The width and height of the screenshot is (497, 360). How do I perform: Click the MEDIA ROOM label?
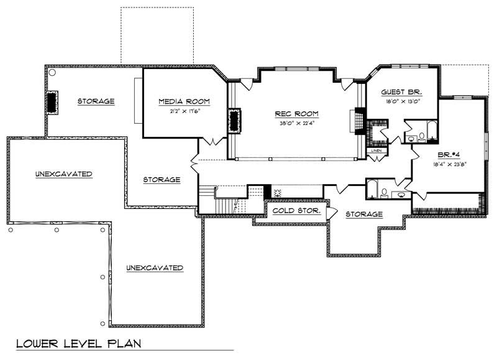pyautogui.click(x=183, y=101)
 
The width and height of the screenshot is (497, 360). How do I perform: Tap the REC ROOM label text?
pyautogui.click(x=297, y=114)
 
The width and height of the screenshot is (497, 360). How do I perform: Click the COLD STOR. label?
pyautogui.click(x=296, y=211)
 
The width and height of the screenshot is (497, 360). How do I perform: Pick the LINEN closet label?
pyautogui.click(x=376, y=151)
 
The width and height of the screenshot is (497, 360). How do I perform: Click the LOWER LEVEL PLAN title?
pyautogui.click(x=78, y=343)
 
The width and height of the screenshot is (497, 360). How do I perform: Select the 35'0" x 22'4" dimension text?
pyautogui.click(x=297, y=123)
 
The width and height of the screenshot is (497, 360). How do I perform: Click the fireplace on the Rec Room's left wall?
pyautogui.click(x=235, y=120)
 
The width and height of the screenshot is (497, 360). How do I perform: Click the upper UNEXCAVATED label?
pyautogui.click(x=64, y=174)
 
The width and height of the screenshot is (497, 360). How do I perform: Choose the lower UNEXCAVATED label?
pyautogui.click(x=155, y=268)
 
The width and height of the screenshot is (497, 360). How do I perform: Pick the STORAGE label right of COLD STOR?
pyautogui.click(x=364, y=215)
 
